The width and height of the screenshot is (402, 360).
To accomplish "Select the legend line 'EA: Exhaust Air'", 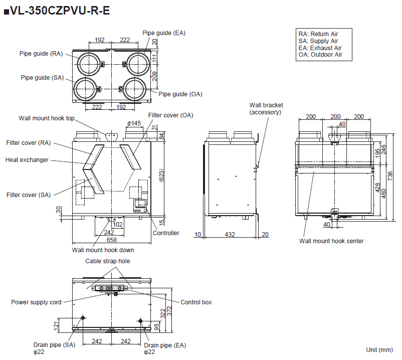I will point(319,48).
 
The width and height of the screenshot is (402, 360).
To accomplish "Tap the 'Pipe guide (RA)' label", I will point(41,54).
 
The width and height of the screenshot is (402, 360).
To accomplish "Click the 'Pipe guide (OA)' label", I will point(180,94).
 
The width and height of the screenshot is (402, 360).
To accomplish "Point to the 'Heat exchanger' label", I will point(27,159).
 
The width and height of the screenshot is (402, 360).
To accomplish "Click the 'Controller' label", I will point(166,233).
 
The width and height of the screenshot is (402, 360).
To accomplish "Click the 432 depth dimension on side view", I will point(230,234).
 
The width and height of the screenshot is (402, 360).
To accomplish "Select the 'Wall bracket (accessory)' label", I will point(266,109).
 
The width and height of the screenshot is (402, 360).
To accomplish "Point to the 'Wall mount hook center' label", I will point(331,241).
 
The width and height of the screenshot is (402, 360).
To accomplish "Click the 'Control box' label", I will point(196,302).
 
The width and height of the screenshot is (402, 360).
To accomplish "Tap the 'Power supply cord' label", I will point(37,302).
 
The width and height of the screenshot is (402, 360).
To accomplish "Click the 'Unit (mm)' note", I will point(379,349).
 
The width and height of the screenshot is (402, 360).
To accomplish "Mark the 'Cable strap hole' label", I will point(107,261).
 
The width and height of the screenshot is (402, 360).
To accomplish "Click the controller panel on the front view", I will point(140,205).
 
